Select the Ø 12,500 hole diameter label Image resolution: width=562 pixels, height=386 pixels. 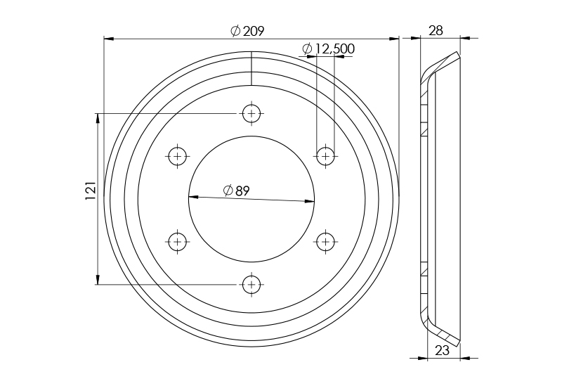[x=328, y=49]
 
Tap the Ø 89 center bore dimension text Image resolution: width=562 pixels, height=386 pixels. [x=237, y=190]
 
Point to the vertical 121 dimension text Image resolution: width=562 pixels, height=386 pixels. [x=90, y=191]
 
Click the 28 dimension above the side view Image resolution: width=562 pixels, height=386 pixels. [x=436, y=30]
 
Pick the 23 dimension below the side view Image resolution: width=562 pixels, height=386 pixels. [x=443, y=351]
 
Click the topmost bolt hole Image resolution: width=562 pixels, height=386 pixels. [x=251, y=112]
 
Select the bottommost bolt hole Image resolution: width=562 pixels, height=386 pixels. [x=251, y=285]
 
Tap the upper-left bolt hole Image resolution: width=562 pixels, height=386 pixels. [x=178, y=155]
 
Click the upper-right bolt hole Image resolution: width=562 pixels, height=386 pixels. [x=325, y=155]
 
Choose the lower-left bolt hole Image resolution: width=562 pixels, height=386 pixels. [x=178, y=242]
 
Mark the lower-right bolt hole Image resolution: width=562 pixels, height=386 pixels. [x=325, y=242]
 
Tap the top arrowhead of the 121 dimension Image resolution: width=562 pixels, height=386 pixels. [x=97, y=117]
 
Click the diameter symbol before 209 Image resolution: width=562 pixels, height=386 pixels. [x=235, y=32]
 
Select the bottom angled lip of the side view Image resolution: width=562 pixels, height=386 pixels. [x=443, y=335]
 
